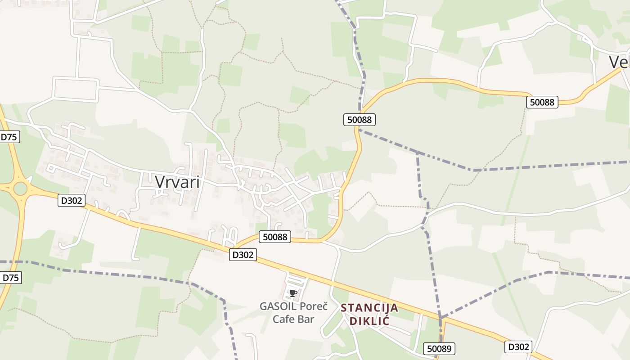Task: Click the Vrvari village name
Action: point(177,181)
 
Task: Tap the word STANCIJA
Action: point(369,308)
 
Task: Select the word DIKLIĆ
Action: point(369,321)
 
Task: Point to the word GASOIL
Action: point(278,306)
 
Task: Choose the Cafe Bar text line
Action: point(293,319)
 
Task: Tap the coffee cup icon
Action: point(293,293)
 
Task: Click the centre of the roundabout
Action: point(20,189)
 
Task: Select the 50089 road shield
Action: point(439,348)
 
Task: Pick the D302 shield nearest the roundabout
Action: point(71,200)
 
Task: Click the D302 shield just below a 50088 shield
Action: point(243,255)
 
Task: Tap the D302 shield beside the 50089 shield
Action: point(518,346)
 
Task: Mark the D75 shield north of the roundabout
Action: point(9,137)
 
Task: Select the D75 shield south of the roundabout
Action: point(11,278)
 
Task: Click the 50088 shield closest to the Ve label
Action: point(542,102)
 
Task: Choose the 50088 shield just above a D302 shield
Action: point(274,237)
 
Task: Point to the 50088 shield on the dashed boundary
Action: point(359,119)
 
